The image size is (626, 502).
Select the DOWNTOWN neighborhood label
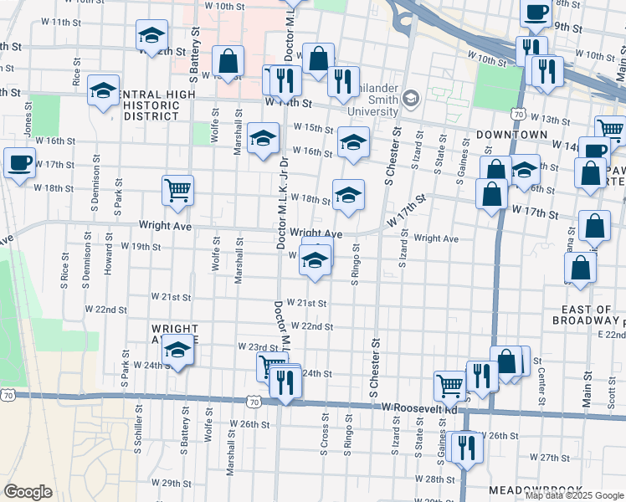[x=511, y=134]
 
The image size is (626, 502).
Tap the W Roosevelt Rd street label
[x=420, y=407]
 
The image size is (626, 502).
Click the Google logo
[x=28, y=492]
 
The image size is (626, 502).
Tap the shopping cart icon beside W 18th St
[x=177, y=190]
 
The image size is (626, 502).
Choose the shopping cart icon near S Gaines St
[x=449, y=385]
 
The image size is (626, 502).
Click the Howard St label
[x=108, y=259]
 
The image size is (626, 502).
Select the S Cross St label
[x=323, y=436]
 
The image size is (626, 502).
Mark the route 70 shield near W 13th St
[x=519, y=114]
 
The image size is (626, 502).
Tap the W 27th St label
[x=549, y=458]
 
